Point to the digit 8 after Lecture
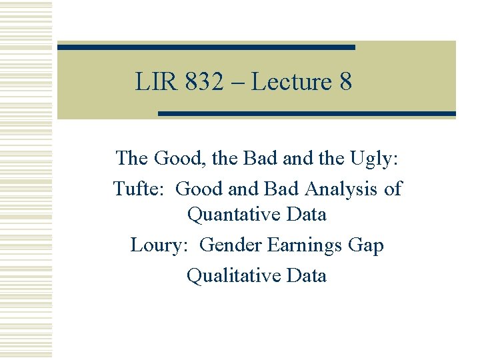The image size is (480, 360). point(345,83)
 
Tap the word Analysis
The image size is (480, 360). point(341,189)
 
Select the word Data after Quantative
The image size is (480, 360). point(305,215)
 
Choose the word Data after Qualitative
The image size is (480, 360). point(305,275)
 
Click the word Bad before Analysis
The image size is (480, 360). point(283,189)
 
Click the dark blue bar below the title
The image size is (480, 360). point(307,114)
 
